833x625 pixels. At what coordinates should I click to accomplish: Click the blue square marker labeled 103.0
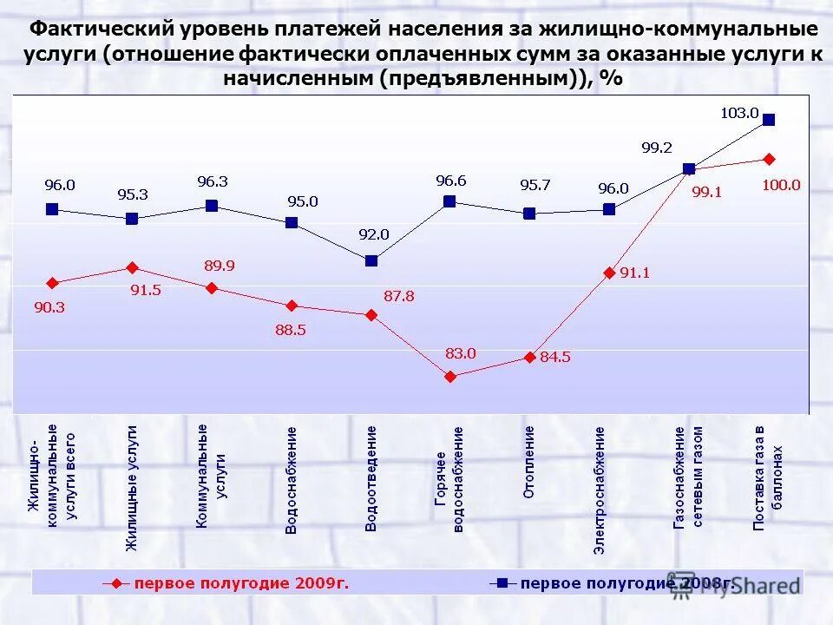(768, 120)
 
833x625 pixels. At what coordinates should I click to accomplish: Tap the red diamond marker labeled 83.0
(449, 377)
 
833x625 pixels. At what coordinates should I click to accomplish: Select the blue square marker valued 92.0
(371, 260)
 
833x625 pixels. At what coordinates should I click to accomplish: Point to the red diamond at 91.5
(132, 267)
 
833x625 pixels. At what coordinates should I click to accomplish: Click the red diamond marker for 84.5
(529, 357)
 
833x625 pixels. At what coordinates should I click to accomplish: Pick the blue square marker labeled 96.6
(449, 201)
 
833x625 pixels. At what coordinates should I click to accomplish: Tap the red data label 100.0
(783, 185)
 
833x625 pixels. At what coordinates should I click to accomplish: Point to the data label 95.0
(303, 201)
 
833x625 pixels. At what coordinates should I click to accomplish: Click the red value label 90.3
(50, 306)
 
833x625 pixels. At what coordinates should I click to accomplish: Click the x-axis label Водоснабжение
(292, 479)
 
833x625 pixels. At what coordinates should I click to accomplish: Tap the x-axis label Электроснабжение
(600, 490)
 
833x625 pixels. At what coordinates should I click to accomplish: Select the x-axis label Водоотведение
(371, 478)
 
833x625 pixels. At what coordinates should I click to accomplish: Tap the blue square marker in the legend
(502, 582)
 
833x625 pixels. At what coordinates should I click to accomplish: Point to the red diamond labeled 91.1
(609, 273)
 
